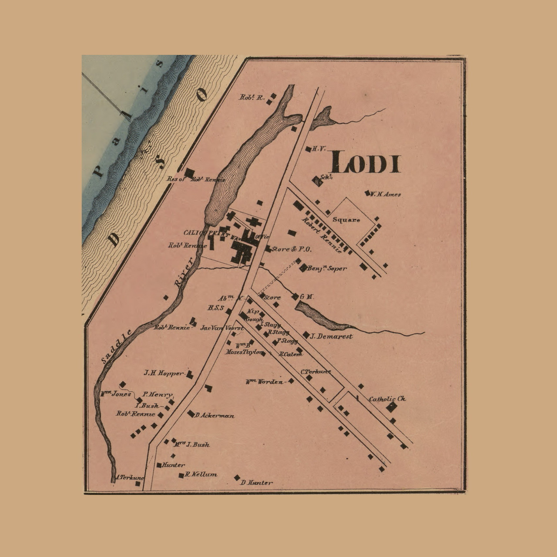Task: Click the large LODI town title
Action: click(x=365, y=162)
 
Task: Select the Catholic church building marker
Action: click(x=392, y=407)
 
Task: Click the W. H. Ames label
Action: click(x=385, y=195)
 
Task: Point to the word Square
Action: click(x=346, y=220)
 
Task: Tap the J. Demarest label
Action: click(x=332, y=336)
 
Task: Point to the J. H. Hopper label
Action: click(x=164, y=373)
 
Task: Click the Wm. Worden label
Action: click(x=265, y=382)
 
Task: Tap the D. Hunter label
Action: click(x=256, y=482)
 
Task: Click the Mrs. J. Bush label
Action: click(x=192, y=444)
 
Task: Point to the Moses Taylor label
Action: click(x=244, y=352)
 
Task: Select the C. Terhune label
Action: click(x=315, y=372)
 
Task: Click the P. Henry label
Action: click(x=157, y=394)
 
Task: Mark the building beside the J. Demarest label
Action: click(x=306, y=335)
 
